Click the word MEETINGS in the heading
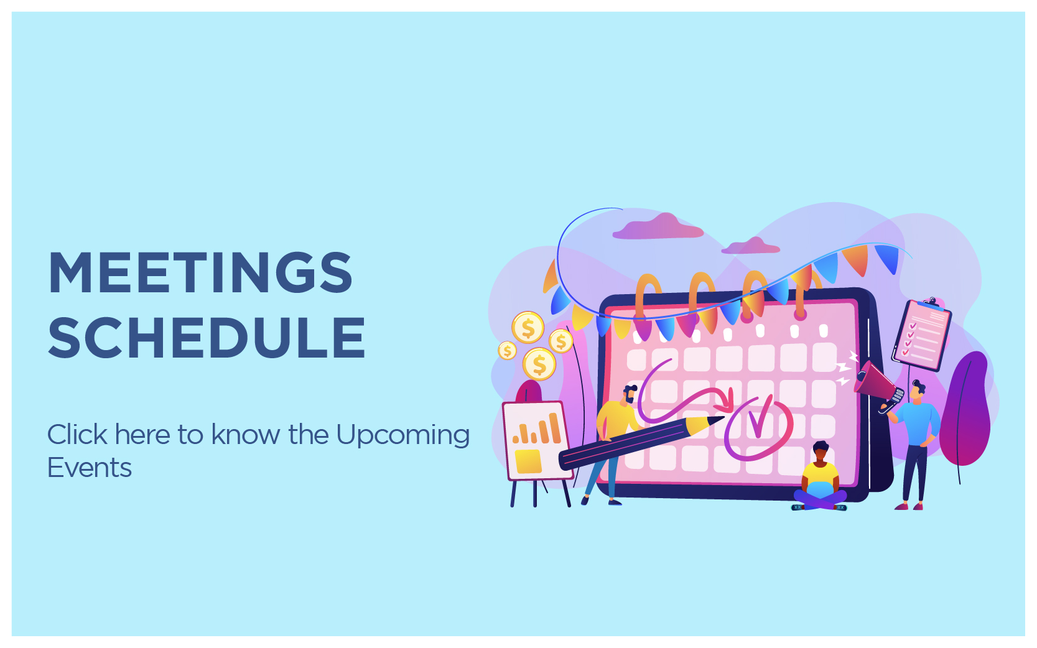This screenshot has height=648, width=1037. (200, 273)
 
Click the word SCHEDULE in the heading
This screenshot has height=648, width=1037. (207, 338)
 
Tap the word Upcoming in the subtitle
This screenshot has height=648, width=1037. (402, 437)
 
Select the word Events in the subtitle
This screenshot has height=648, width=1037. (90, 468)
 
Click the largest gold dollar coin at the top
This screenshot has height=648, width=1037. (528, 327)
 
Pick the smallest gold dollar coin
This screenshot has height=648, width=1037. (508, 350)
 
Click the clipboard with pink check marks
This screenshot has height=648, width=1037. (921, 334)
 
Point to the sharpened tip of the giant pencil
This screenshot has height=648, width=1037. (722, 418)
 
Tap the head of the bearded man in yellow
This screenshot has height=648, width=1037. (630, 394)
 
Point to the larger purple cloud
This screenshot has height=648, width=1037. (658, 227)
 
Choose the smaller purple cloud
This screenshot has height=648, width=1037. (750, 246)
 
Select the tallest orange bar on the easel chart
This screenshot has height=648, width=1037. (555, 428)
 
